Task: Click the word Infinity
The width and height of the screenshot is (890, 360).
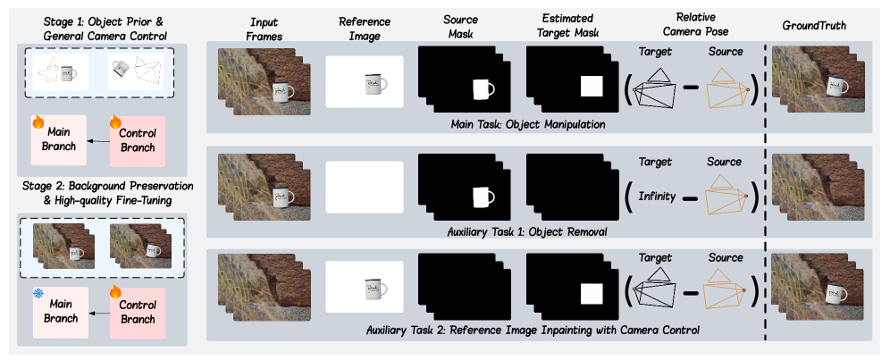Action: click(x=658, y=197)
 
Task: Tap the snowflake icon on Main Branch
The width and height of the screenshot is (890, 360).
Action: click(x=38, y=293)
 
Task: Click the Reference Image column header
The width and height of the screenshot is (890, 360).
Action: click(x=365, y=29)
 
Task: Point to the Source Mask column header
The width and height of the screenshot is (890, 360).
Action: click(x=460, y=26)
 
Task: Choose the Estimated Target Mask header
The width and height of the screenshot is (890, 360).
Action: click(x=567, y=26)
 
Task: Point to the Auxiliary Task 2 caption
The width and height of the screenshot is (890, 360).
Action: click(x=533, y=330)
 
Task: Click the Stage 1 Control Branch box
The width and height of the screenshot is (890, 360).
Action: click(x=138, y=141)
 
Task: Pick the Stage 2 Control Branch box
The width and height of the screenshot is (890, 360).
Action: click(x=138, y=313)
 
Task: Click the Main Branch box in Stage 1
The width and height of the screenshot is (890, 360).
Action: click(x=59, y=140)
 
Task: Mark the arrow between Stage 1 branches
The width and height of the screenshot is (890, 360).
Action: click(x=99, y=141)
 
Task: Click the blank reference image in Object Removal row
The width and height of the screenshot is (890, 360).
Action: click(x=364, y=188)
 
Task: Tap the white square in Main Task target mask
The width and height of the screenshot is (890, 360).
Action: click(x=591, y=86)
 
